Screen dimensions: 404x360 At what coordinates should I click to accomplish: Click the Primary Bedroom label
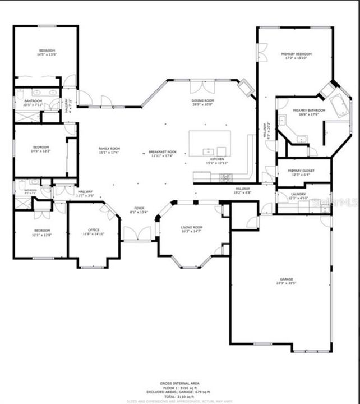tap(296, 54)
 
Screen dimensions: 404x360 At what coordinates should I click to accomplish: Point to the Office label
tap(94, 230)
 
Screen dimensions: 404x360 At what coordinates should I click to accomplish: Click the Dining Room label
tap(203, 100)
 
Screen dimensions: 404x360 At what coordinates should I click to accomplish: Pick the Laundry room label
tap(298, 194)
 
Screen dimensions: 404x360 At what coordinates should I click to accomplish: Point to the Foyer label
tap(138, 208)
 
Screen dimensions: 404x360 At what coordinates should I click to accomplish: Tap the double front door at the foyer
tap(137, 233)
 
